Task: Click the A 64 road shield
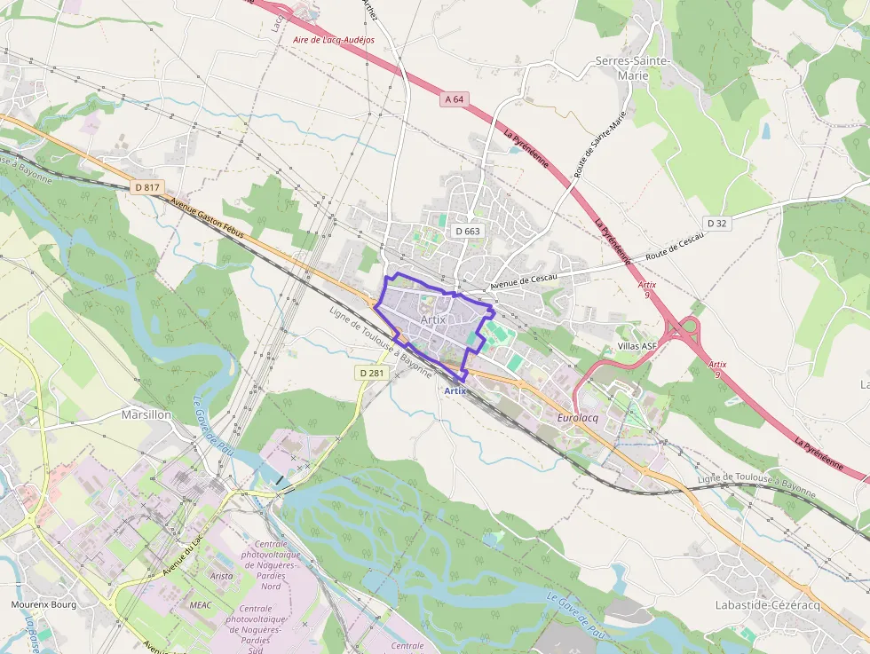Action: click(x=454, y=99)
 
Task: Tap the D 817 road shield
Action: click(x=147, y=187)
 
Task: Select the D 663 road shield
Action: click(x=468, y=231)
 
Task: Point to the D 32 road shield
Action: click(x=717, y=223)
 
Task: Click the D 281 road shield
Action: click(x=371, y=373)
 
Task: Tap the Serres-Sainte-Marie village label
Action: click(x=634, y=68)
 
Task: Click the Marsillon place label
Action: click(x=146, y=414)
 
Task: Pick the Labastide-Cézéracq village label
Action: click(x=768, y=604)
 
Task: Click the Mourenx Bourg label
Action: click(x=43, y=604)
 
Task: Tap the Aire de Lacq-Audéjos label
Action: click(x=334, y=40)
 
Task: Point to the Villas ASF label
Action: click(x=637, y=346)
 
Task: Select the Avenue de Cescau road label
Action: click(x=524, y=282)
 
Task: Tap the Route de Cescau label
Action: click(x=675, y=246)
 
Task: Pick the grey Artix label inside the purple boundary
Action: click(x=432, y=319)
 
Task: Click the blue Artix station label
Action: click(x=455, y=390)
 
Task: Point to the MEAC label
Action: click(x=200, y=603)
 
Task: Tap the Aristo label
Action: click(x=222, y=576)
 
